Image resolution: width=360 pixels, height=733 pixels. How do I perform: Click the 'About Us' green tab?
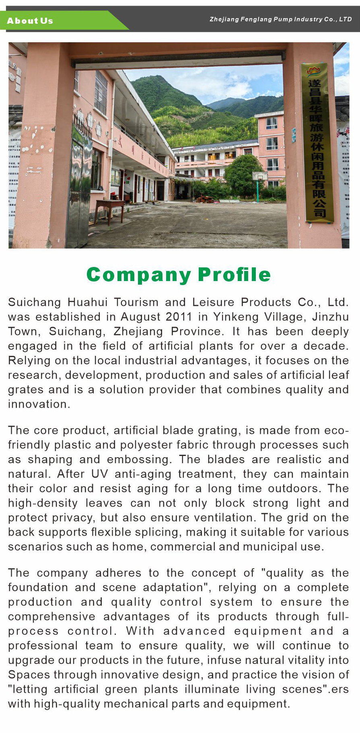[x=30, y=21]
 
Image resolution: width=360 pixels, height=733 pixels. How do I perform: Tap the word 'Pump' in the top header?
[x=283, y=19]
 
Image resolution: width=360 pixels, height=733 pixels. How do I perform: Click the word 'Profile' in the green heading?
[x=234, y=275]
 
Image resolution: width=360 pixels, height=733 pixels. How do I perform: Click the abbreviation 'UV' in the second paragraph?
[x=100, y=474]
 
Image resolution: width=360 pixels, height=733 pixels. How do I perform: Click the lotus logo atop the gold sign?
[x=313, y=71]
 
